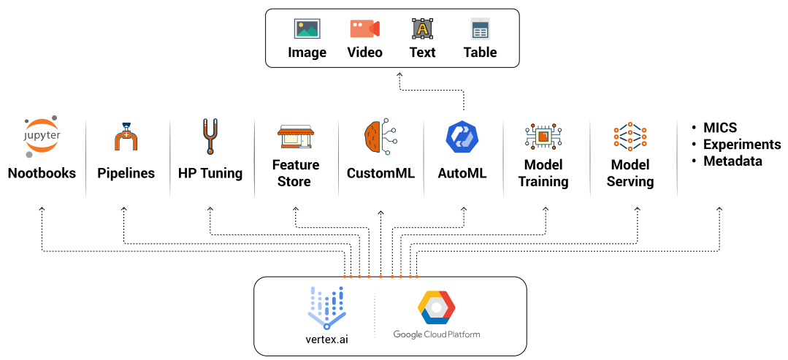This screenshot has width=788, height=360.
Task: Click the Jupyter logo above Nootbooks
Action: click(x=41, y=137)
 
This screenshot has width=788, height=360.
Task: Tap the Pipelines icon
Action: click(x=126, y=137)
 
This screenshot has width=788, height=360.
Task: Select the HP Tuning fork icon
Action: click(x=210, y=136)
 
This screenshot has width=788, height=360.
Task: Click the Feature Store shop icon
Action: click(x=295, y=137)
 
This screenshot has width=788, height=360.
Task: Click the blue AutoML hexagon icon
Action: click(x=462, y=137)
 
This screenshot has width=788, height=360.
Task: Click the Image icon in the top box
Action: click(x=307, y=29)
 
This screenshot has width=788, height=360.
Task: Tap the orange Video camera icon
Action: click(x=364, y=29)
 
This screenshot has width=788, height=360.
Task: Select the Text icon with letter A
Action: click(x=422, y=29)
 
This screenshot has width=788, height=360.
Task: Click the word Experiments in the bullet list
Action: click(x=741, y=145)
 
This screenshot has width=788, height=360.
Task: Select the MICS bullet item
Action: click(x=720, y=128)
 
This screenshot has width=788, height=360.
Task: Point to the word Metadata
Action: click(x=732, y=161)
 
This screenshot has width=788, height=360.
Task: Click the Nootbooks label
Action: click(x=42, y=174)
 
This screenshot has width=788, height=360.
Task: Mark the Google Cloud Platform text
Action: click(x=437, y=334)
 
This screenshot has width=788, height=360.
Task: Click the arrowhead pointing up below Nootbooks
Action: click(x=42, y=210)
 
